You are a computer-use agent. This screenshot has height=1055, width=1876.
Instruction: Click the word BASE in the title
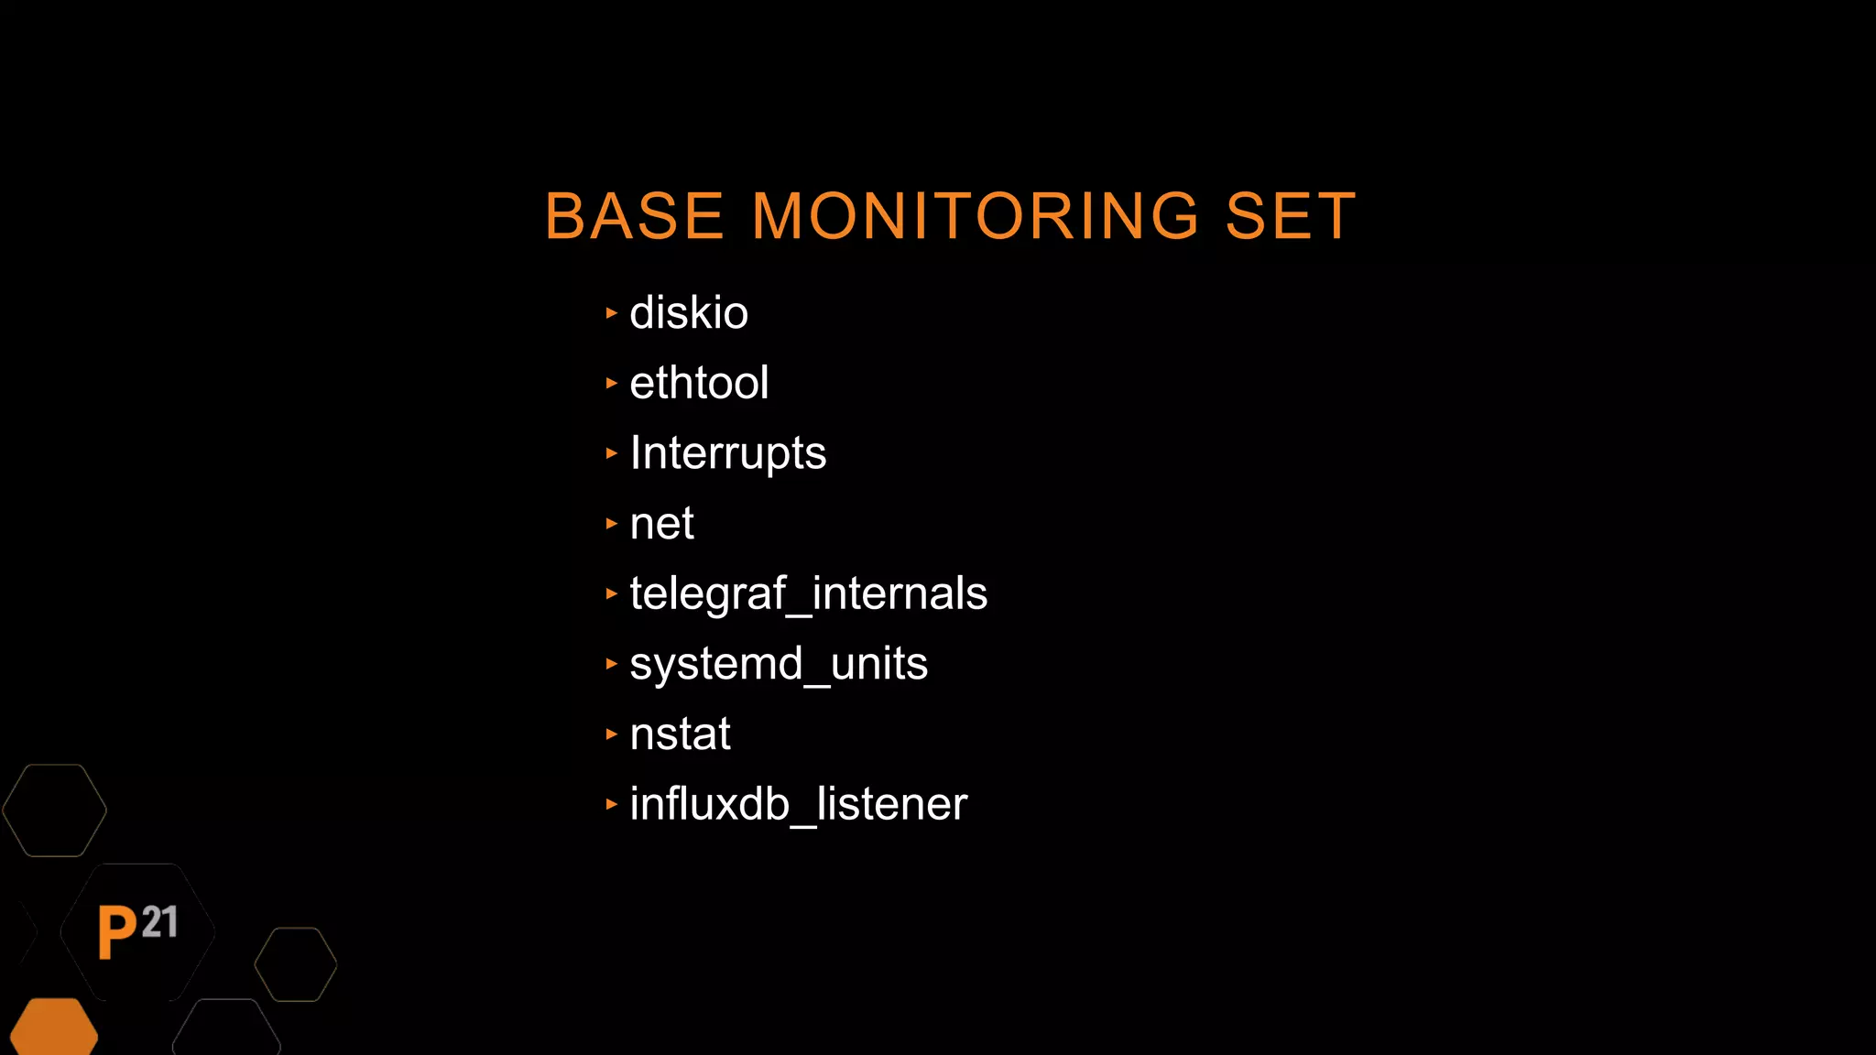(x=634, y=217)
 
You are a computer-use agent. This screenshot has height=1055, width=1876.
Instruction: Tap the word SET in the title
(x=1290, y=217)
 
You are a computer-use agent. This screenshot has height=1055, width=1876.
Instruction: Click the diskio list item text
(x=689, y=313)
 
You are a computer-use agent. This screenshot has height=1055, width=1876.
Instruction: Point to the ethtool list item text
(x=699, y=383)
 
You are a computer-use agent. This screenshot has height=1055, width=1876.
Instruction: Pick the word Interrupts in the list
(x=728, y=453)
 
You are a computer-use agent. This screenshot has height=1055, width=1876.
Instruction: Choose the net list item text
(x=661, y=524)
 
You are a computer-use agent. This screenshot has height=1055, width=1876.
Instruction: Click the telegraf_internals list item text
(x=809, y=593)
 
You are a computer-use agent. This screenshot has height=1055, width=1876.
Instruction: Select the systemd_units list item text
(x=779, y=664)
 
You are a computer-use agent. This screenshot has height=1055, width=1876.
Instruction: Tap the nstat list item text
(x=680, y=734)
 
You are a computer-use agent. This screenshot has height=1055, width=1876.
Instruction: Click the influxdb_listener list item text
(x=798, y=804)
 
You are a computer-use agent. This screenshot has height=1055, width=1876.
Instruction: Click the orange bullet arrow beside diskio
(x=612, y=313)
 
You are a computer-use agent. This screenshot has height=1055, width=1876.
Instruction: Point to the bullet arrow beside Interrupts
(x=612, y=453)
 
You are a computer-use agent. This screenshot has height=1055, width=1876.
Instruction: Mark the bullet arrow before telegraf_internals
(x=612, y=593)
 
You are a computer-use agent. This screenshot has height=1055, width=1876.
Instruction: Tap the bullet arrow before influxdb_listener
(x=612, y=804)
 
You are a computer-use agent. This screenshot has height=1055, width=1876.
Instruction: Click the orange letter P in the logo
(x=116, y=932)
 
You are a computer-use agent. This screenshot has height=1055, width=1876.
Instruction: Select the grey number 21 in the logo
(x=160, y=922)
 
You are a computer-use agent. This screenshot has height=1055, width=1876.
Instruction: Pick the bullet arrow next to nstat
(x=612, y=734)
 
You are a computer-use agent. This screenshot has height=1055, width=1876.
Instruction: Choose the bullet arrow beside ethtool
(x=612, y=383)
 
